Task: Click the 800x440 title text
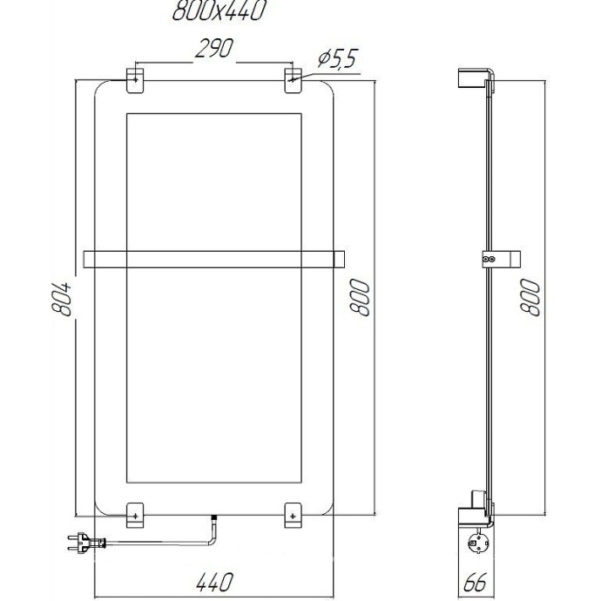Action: (x=219, y=10)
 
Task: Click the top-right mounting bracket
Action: (x=294, y=79)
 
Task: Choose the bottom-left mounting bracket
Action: (x=137, y=515)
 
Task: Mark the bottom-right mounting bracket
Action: (x=294, y=515)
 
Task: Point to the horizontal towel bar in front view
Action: (x=214, y=259)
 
